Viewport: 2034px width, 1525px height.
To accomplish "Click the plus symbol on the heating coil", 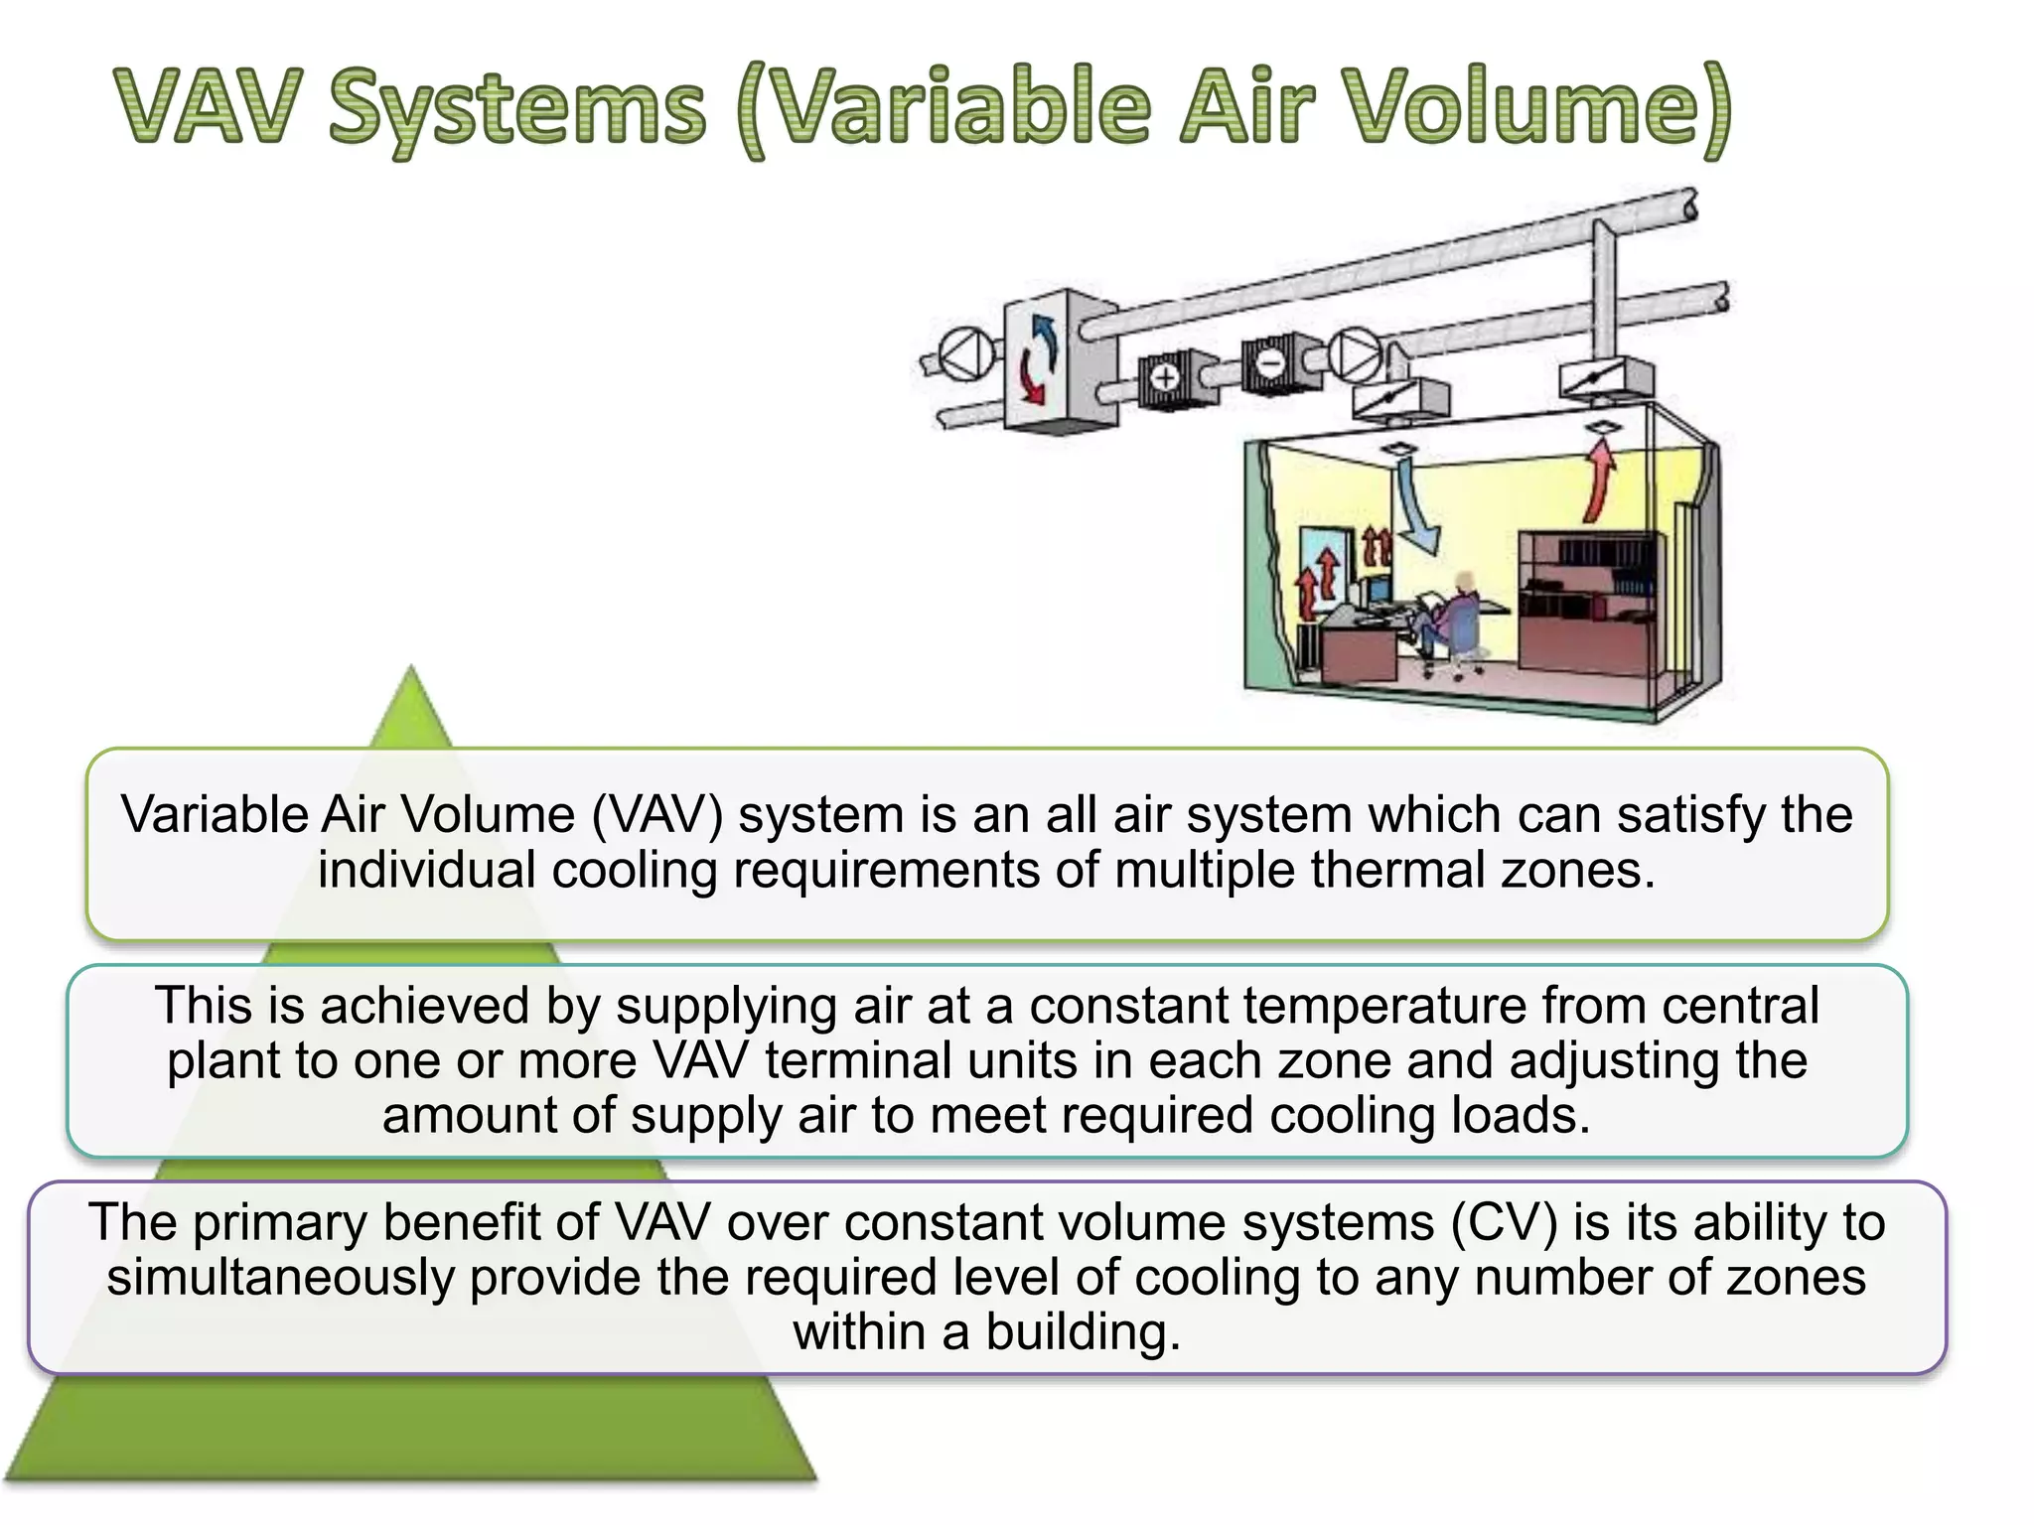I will pos(1165,377).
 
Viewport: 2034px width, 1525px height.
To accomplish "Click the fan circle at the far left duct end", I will pos(966,355).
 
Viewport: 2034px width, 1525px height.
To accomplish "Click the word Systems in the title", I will pos(516,109).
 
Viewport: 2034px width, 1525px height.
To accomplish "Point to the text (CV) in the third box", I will pos(1504,1222).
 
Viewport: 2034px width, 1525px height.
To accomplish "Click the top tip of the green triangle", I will pos(411,669).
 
